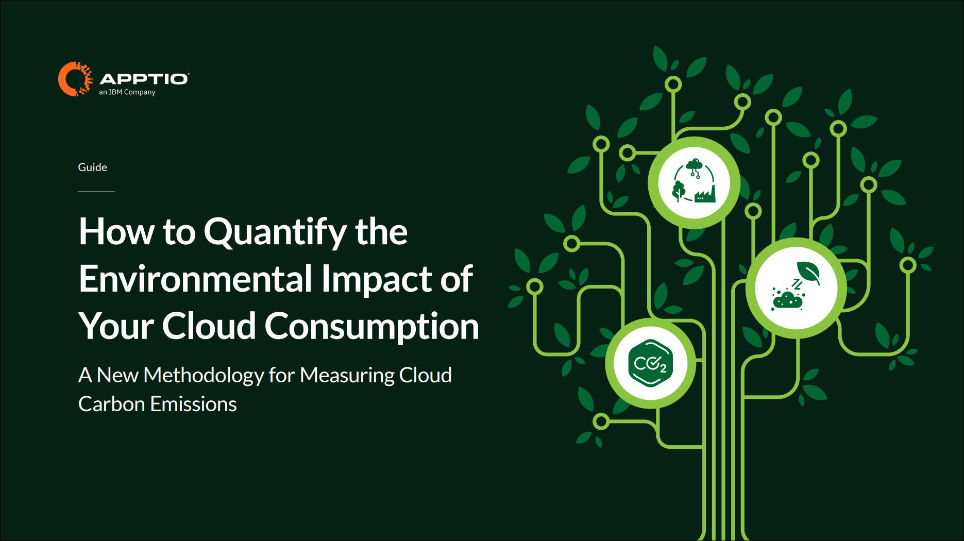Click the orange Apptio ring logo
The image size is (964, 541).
[75, 79]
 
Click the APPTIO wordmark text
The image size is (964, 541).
[144, 79]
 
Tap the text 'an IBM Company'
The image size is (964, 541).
[127, 92]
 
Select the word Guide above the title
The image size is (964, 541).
[93, 167]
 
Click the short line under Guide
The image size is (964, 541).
[96, 192]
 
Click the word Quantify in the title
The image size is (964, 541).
[275, 232]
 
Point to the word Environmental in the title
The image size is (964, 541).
[196, 279]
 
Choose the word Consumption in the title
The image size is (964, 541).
[371, 327]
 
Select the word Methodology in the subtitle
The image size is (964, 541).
[204, 376]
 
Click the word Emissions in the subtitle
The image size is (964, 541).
[194, 404]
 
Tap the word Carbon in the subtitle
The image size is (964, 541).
[111, 404]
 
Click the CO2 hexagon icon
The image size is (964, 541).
[651, 363]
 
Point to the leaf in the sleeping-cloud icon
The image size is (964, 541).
[808, 272]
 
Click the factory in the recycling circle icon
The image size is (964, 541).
[705, 194]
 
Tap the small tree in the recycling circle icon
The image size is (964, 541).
[679, 191]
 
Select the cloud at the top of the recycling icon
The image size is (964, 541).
[694, 165]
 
